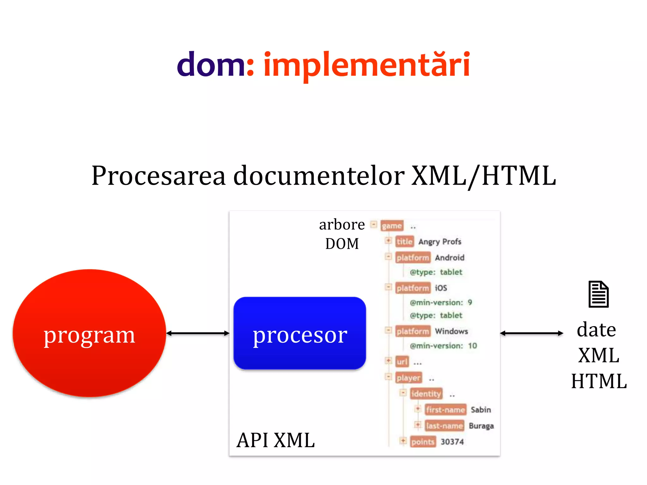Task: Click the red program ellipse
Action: click(89, 333)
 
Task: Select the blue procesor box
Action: click(299, 333)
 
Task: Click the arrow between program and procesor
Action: click(198, 333)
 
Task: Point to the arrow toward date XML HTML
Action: click(531, 333)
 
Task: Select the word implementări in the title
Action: click(367, 65)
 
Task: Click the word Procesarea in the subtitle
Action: click(158, 176)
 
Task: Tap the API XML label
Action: click(275, 440)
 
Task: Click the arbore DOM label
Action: click(342, 234)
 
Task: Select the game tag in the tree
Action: click(392, 226)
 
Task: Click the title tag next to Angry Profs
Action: click(404, 242)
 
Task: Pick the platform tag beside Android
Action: click(413, 258)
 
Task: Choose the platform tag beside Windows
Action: click(413, 331)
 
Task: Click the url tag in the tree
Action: click(402, 362)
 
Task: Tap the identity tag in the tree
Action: click(426, 394)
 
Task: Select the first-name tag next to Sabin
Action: click(445, 410)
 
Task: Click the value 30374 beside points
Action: click(452, 442)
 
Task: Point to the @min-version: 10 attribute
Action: click(443, 346)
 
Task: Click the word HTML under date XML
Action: click(599, 381)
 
